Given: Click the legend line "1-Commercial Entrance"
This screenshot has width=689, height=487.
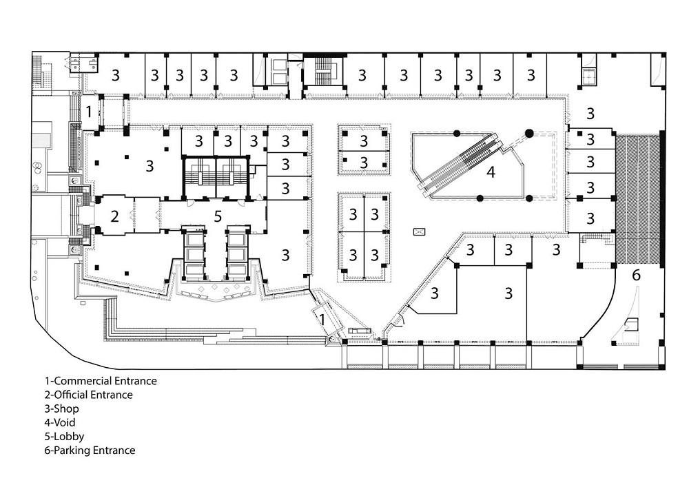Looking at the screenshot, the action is point(101,381).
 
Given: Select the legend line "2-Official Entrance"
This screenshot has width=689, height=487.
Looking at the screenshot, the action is point(88,395).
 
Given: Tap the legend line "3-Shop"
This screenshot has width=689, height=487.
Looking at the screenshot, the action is point(61,409).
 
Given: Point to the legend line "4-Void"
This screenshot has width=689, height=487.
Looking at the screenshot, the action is point(60,422).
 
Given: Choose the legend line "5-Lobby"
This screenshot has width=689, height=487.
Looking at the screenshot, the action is point(64,437).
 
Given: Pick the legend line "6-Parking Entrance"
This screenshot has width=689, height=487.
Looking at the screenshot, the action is point(90,450).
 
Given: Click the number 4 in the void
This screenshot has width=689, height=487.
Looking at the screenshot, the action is point(491,172).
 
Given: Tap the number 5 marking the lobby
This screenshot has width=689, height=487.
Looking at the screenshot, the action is point(218,216).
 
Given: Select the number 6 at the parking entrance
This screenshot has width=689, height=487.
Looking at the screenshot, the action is point(636,275).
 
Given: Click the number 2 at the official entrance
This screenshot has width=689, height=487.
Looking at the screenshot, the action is point(114,216).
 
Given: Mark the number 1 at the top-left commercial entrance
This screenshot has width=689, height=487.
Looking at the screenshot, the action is point(89,112).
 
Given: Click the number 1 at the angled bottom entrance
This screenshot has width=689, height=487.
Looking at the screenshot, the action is point(322,319).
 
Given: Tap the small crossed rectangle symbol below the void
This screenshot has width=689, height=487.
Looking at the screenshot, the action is point(419,231).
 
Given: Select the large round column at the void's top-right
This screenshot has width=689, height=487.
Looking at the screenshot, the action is point(529,133).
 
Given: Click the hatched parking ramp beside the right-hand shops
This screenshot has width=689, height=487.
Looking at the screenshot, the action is point(637,200).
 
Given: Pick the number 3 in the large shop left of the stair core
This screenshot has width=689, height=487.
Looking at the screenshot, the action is point(150,165).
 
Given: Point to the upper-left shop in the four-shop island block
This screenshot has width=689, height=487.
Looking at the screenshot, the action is point(352,214).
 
